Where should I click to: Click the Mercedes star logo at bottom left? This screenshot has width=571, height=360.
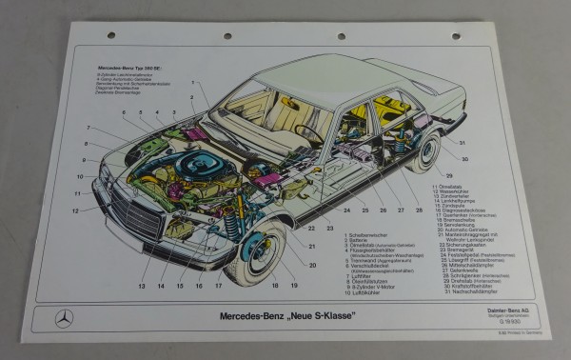coord(64,318)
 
